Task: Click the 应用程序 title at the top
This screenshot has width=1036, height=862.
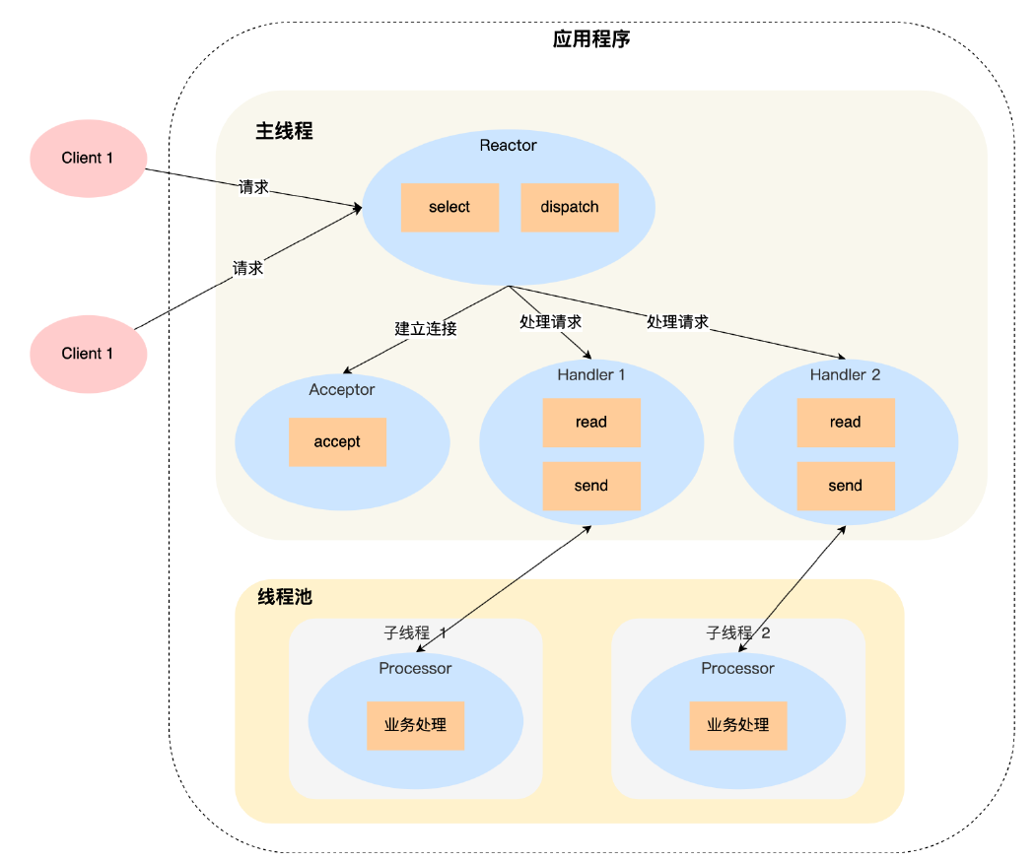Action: pos(591,40)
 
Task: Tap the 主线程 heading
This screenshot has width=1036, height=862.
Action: pos(284,131)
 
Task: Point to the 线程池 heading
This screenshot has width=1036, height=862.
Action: pos(285,597)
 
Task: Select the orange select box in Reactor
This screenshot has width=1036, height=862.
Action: pos(449,208)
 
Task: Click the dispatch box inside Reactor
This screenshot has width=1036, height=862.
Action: pos(569,208)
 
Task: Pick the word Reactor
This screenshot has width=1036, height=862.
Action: pos(508,146)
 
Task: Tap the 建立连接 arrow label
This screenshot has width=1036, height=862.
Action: pos(426,328)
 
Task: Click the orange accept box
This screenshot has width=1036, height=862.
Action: pos(337,442)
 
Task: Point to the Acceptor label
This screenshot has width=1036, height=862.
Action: pos(341,390)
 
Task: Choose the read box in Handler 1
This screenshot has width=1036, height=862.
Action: pos(591,423)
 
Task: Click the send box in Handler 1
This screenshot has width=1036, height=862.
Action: pos(591,486)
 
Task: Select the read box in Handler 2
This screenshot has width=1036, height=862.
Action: pos(845,423)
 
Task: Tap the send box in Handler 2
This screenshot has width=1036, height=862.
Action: pos(845,486)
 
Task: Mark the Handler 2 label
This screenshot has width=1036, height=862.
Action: pos(845,375)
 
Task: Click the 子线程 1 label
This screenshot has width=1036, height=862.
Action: pos(415,633)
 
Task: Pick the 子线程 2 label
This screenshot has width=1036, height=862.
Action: pos(737,633)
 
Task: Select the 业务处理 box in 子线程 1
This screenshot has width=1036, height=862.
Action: pos(415,725)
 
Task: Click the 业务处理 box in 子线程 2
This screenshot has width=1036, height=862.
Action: pos(737,725)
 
